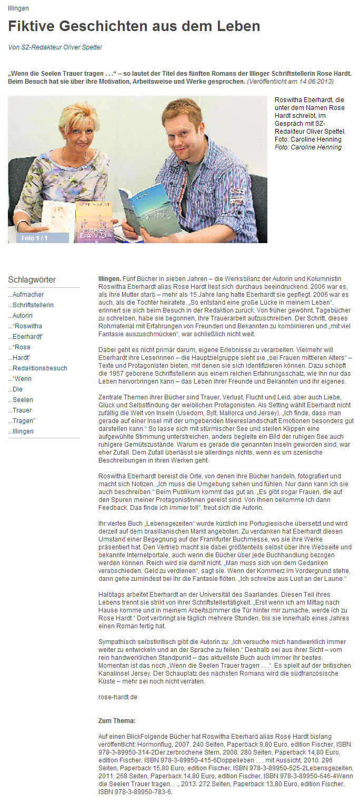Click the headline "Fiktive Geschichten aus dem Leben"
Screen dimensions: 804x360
(134, 26)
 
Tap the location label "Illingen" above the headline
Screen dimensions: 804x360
(18, 8)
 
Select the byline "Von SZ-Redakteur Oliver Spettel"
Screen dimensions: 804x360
(55, 47)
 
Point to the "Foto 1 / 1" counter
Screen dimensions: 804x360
(35, 238)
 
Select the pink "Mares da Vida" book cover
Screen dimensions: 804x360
(94, 221)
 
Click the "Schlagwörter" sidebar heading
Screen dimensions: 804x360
(32, 279)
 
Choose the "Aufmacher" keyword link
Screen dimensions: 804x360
(27, 295)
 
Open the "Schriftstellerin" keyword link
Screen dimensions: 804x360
(32, 305)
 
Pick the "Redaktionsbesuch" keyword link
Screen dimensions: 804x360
(39, 368)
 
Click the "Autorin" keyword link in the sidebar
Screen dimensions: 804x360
(22, 316)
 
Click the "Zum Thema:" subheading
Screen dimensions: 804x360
(117, 720)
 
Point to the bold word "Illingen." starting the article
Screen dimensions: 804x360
(109, 277)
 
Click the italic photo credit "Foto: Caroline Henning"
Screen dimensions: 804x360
(308, 147)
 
